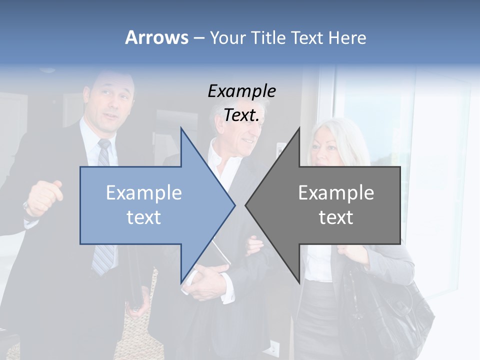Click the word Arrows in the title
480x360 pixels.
point(156,37)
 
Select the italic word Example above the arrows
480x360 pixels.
point(241,91)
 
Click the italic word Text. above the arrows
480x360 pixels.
point(241,115)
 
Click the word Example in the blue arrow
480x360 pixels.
point(144,192)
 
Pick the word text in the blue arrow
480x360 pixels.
point(144,217)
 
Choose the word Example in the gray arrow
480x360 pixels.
point(336,192)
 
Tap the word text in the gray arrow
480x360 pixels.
point(336,217)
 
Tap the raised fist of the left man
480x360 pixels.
point(44,197)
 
